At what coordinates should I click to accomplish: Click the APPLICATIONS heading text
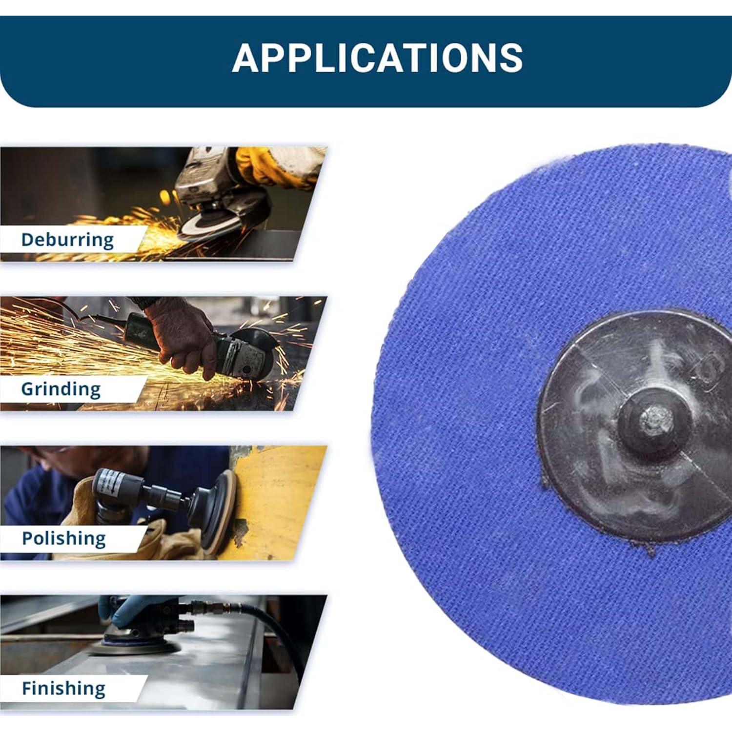tap(377, 58)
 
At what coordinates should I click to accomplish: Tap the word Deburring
tap(67, 240)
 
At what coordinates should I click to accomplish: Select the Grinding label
tap(61, 389)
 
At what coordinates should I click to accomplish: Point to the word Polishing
tap(63, 538)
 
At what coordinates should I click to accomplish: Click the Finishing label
tap(63, 688)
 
